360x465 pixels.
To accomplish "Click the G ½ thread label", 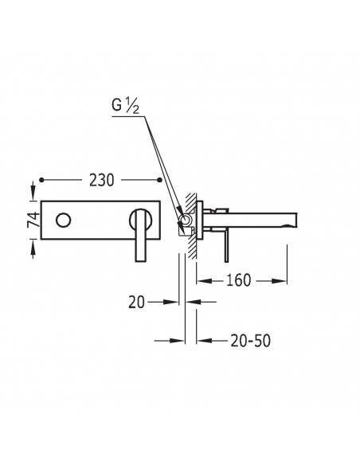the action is pos(125,106).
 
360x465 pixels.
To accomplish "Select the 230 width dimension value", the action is pos(101,180).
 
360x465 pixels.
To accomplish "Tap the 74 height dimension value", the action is pos(33,220).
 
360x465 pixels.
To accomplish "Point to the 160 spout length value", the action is pos(238,280).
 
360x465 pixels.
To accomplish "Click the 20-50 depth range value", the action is pos(251,341).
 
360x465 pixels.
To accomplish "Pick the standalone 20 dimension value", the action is pos(136,303).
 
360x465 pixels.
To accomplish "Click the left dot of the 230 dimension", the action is pos(41,180).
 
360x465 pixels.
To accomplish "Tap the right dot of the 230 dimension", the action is pos(160,180).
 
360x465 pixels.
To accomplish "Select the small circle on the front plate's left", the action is pos(63,221).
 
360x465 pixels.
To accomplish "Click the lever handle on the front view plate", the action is pos(140,235).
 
